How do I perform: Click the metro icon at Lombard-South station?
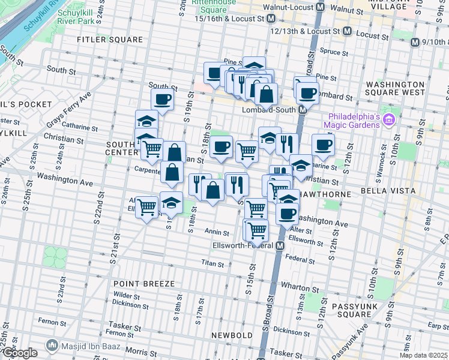(303, 110)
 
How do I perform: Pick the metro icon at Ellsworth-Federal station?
(280, 246)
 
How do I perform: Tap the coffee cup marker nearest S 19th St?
(162, 100)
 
